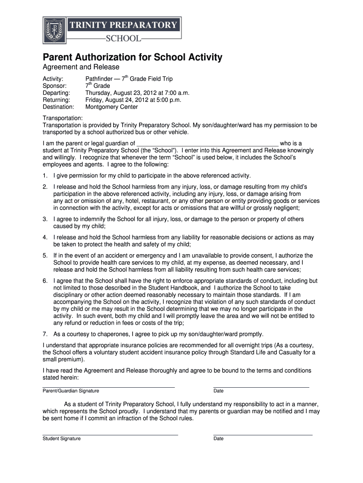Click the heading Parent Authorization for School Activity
(x=132, y=58)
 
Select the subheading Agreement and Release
(x=81, y=67)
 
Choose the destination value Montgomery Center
(x=112, y=107)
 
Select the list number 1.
(x=45, y=175)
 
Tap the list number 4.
(x=45, y=237)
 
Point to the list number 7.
(x=45, y=334)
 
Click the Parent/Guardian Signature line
(x=108, y=387)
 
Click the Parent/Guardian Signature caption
(x=71, y=391)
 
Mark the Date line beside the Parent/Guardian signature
(x=261, y=387)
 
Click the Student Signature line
(x=110, y=434)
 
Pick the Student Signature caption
(x=62, y=439)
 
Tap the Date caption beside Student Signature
(x=218, y=439)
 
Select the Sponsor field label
(x=54, y=86)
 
